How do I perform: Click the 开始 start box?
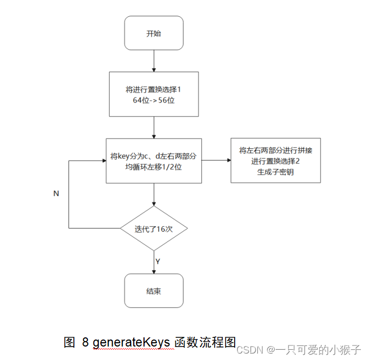[x=154, y=33]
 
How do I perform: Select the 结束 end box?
[x=154, y=291]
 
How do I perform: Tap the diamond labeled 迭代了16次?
[x=154, y=229]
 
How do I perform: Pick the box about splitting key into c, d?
[x=154, y=161]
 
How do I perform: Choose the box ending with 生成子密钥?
[x=276, y=160]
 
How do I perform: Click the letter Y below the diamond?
[x=158, y=261]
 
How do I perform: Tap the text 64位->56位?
[x=154, y=100]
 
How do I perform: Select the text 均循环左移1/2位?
[x=154, y=166]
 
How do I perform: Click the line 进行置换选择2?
[x=276, y=161]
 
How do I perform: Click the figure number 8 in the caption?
[x=85, y=342]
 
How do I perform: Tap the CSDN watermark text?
[x=250, y=349]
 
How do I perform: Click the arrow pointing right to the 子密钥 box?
[x=216, y=160]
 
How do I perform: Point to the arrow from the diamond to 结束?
[x=154, y=262]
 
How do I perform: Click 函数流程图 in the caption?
[x=206, y=342]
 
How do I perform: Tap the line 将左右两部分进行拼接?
[x=276, y=150]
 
